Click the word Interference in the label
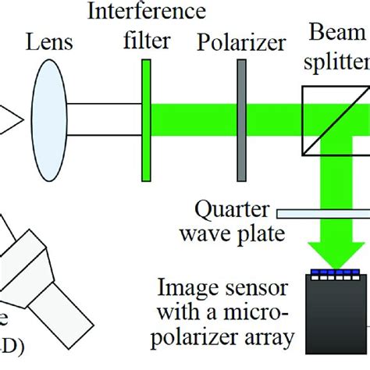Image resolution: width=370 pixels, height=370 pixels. [148, 12]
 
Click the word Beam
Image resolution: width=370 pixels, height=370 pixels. [337, 33]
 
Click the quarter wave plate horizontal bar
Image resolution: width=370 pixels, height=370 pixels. [320, 212]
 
